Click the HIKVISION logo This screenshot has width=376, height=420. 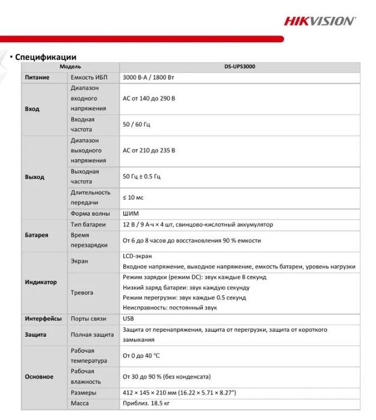pyautogui.click(x=319, y=21)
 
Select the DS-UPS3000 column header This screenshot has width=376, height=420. pyautogui.click(x=239, y=67)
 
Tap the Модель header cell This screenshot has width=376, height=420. pyautogui.click(x=70, y=67)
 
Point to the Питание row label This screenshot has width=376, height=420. pyautogui.click(x=37, y=78)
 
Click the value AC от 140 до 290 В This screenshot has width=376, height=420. pyautogui.click(x=149, y=99)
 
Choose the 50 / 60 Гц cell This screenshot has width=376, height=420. pyautogui.click(x=136, y=124)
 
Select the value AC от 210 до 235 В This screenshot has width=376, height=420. pyautogui.click(x=149, y=150)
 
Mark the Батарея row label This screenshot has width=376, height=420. pyautogui.click(x=37, y=235)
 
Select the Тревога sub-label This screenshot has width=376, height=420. pyautogui.click(x=82, y=293)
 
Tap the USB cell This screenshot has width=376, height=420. pyautogui.click(x=128, y=318)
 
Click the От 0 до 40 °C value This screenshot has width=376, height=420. pyautogui.click(x=142, y=356)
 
